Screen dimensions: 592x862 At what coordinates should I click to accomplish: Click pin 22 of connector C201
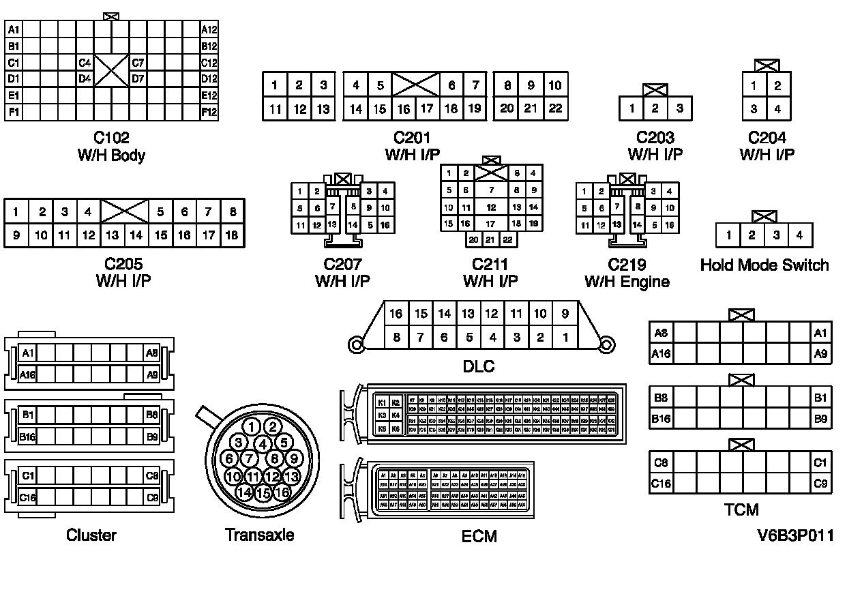(555, 108)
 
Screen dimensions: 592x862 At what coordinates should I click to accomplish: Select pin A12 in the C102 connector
(209, 29)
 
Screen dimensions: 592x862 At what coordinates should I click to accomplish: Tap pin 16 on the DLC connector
(396, 314)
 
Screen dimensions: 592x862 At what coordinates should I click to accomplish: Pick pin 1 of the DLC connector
(565, 337)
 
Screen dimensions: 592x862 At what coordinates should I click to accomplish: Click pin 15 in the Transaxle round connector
(263, 492)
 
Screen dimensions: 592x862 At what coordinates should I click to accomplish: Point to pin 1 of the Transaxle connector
(252, 428)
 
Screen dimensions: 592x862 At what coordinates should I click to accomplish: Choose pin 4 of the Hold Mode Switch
(799, 235)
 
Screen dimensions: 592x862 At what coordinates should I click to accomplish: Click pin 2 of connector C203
(655, 108)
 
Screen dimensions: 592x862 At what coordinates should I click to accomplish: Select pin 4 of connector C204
(778, 108)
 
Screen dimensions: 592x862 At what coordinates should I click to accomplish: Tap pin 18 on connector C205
(232, 236)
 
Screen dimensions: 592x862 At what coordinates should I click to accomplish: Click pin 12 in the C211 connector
(491, 207)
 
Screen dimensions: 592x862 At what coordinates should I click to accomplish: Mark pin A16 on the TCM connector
(661, 353)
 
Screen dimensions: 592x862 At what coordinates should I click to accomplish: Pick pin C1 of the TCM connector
(820, 463)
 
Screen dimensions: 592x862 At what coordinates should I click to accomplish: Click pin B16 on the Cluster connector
(27, 436)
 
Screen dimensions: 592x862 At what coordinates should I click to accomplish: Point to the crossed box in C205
(124, 211)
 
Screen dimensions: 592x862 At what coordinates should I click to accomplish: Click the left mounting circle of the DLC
(356, 345)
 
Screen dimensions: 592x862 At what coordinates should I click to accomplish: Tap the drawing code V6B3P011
(794, 535)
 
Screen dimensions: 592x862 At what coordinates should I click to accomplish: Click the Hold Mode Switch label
(764, 265)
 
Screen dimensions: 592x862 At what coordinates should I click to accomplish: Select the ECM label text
(479, 535)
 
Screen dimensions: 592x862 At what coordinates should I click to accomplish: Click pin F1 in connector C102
(14, 111)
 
